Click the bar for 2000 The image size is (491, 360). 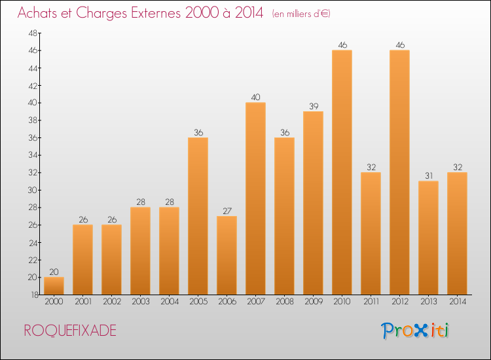pyautogui.click(x=54, y=286)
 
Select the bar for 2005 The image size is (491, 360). pyautogui.click(x=198, y=216)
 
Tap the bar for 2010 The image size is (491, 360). pyautogui.click(x=342, y=172)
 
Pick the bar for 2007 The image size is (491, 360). pyautogui.click(x=255, y=198)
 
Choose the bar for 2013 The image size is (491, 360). pyautogui.click(x=428, y=238)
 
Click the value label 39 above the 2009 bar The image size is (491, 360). pyautogui.click(x=313, y=107)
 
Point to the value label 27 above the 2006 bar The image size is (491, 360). pyautogui.click(x=227, y=211)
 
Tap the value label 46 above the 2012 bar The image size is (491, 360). pyautogui.click(x=399, y=45)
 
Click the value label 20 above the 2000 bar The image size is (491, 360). pyautogui.click(x=54, y=272)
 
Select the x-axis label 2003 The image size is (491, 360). pyautogui.click(x=140, y=302)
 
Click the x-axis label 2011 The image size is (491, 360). pyautogui.click(x=371, y=302)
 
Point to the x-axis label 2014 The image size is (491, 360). pyautogui.click(x=457, y=302)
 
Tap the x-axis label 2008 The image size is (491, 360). pyautogui.click(x=284, y=302)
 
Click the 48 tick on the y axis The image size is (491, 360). pyautogui.click(x=32, y=33)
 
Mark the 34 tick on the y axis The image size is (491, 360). pyautogui.click(x=32, y=155)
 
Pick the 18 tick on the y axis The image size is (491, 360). pyautogui.click(x=32, y=295)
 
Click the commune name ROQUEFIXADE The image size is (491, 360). pyautogui.click(x=70, y=331)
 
